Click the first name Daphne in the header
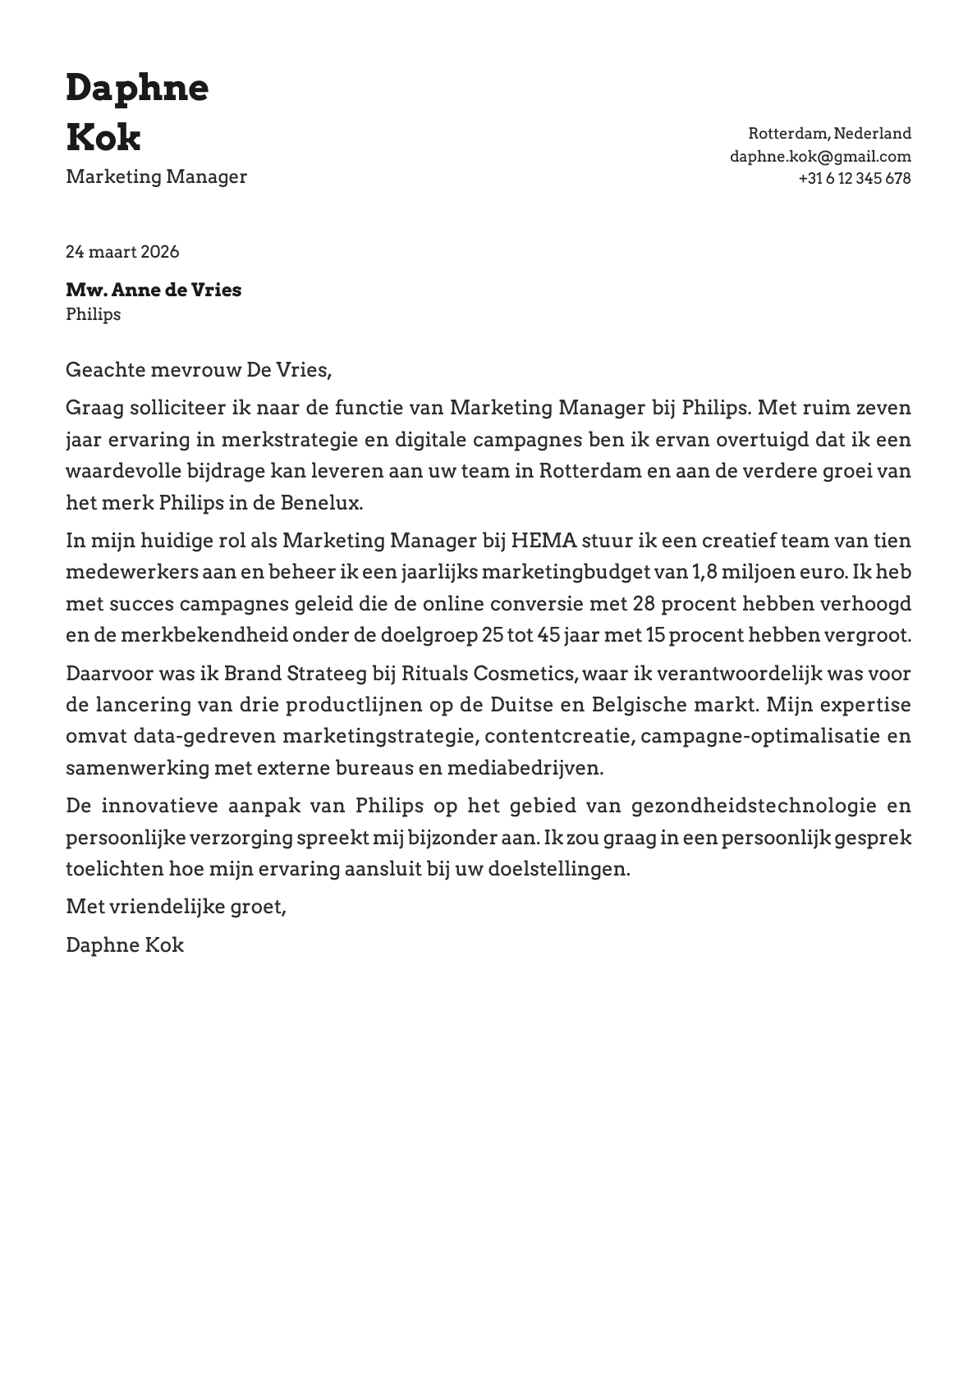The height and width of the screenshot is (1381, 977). coord(137,89)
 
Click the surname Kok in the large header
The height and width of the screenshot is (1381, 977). coord(103,137)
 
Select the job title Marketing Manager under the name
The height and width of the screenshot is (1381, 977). coord(156,176)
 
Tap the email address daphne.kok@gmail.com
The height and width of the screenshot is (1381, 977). coord(820,156)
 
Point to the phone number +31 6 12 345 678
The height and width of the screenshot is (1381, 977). coord(854,178)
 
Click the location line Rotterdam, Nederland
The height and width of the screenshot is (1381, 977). coord(829,133)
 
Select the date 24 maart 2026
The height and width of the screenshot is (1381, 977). coord(122,251)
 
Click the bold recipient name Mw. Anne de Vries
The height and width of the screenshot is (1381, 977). coord(154,290)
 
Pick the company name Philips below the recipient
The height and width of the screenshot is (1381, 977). coord(93,314)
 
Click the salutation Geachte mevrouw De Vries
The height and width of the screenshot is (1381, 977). coord(198,370)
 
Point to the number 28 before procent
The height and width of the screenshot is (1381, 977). coord(644,604)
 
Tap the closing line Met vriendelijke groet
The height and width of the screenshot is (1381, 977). coord(176,907)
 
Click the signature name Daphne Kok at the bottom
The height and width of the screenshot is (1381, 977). coord(125,944)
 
